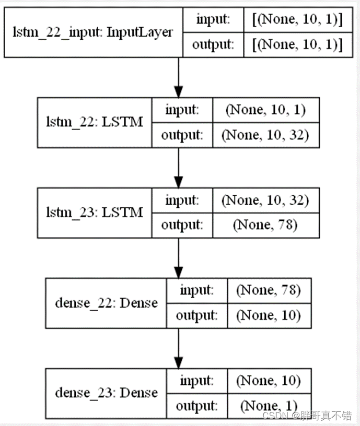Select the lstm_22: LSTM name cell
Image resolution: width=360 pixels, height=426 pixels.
point(94,122)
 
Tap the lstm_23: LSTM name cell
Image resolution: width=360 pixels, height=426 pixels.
point(94,212)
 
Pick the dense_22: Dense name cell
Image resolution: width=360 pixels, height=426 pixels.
point(106,303)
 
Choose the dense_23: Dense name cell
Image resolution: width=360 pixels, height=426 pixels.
point(106,393)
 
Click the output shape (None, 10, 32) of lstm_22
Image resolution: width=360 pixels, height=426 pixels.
point(264,135)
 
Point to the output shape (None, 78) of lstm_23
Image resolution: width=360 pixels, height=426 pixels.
point(264,226)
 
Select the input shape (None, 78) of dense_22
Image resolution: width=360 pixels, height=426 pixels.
point(269,290)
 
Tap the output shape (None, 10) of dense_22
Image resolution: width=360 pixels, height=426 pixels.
point(269,315)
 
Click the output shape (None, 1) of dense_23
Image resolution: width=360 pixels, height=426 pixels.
point(269,406)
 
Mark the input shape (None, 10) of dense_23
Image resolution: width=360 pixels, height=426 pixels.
point(269,380)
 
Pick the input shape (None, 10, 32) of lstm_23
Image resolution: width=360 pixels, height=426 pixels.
point(264,200)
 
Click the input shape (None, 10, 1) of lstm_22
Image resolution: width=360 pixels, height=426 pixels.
point(264,110)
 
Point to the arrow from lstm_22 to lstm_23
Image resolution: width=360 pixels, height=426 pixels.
point(179,168)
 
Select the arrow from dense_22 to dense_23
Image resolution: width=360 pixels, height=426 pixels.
point(179,348)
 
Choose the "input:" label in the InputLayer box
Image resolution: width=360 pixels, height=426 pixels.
point(213,20)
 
